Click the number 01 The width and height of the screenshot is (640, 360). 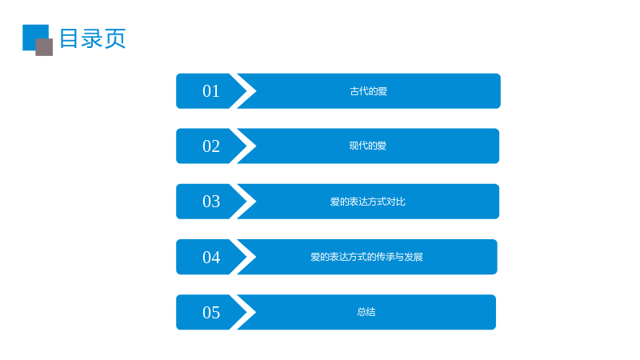(x=211, y=91)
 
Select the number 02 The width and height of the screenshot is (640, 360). (x=211, y=146)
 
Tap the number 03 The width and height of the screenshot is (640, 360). (x=211, y=202)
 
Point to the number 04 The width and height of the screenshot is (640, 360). (x=211, y=257)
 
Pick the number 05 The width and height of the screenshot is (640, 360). (x=211, y=313)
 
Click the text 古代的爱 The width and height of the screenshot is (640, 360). (x=368, y=91)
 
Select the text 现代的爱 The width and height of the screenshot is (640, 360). (x=368, y=146)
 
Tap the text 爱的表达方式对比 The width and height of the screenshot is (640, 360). (x=368, y=202)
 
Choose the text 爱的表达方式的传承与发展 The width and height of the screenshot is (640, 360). (x=366, y=257)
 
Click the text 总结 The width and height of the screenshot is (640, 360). (x=366, y=312)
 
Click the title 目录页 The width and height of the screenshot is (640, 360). (x=93, y=38)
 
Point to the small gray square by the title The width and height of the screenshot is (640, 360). (x=44, y=47)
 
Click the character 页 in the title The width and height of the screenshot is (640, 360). (x=115, y=38)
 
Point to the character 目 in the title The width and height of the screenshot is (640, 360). (x=69, y=38)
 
